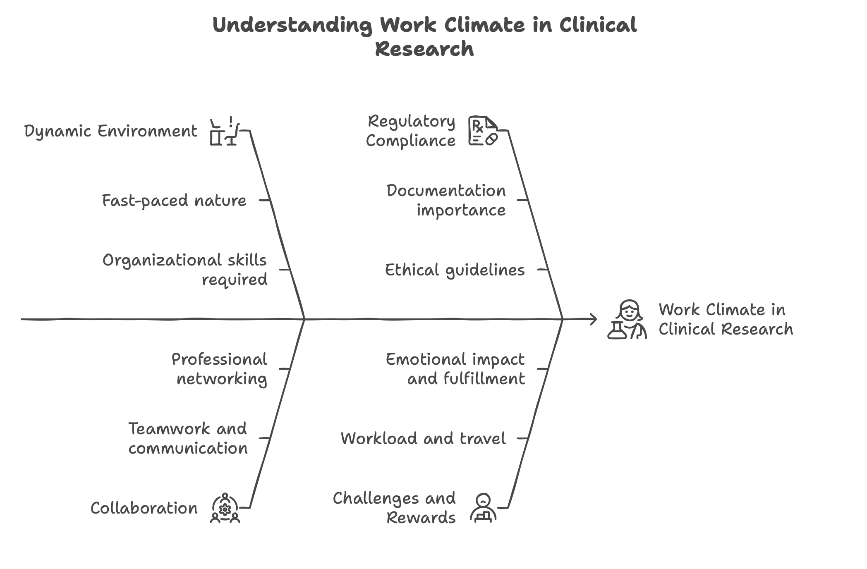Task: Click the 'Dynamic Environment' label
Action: tap(110, 131)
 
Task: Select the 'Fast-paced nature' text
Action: tap(174, 201)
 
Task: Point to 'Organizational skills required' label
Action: tap(185, 270)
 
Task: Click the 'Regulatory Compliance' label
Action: tap(411, 131)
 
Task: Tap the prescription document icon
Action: tap(483, 131)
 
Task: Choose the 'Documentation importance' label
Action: tap(446, 201)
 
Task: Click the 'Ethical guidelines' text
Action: tap(455, 270)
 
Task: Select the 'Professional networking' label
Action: tap(219, 369)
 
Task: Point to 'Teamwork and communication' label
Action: tap(188, 438)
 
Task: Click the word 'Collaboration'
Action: tap(144, 508)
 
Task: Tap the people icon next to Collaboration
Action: tap(225, 508)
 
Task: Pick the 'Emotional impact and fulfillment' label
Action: tap(455, 369)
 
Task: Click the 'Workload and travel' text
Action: tap(423, 438)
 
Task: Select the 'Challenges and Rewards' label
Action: tap(394, 508)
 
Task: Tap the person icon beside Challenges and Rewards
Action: tap(483, 508)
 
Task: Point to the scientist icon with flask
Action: tap(627, 320)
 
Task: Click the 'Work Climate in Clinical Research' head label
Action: tap(726, 319)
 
